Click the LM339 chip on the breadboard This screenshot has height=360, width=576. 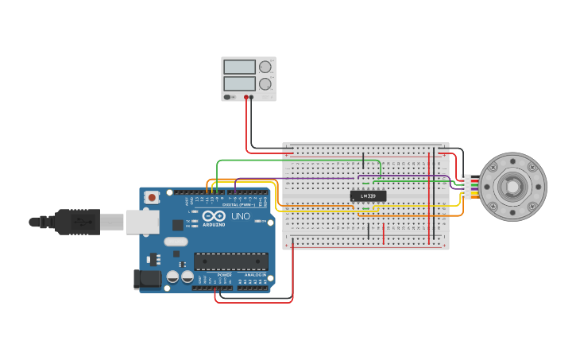(x=368, y=195)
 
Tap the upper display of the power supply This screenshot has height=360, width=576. (x=239, y=67)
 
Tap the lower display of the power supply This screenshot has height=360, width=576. (x=239, y=83)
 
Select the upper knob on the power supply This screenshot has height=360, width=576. (x=265, y=67)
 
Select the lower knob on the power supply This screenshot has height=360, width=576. (x=265, y=83)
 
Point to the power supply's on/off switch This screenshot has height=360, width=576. (x=228, y=97)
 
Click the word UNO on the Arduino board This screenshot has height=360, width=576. (x=240, y=216)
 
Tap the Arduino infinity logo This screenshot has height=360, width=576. (x=213, y=216)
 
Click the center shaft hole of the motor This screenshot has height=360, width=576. (x=512, y=187)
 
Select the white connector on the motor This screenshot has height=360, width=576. (x=466, y=187)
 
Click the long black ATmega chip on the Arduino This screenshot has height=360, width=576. (x=230, y=261)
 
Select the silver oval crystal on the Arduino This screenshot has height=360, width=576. (x=176, y=242)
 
